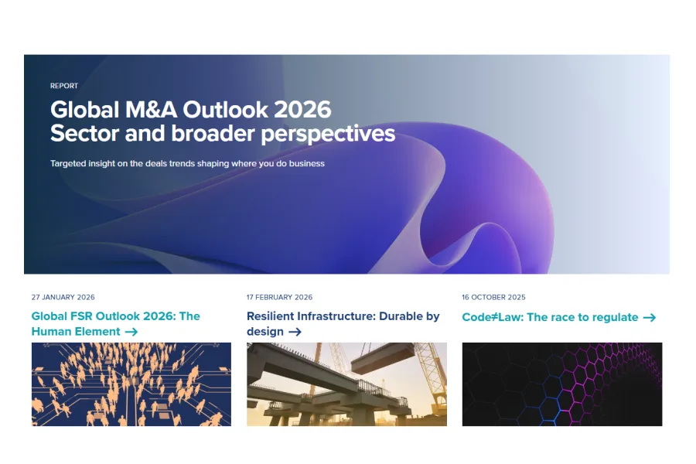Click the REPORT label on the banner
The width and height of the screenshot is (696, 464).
click(x=64, y=86)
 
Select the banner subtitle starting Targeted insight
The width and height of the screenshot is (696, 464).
click(x=187, y=164)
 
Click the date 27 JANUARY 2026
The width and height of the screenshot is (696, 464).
click(x=63, y=297)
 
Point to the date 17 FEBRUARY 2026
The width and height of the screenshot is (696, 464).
click(x=279, y=297)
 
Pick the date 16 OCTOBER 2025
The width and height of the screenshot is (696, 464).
click(x=493, y=297)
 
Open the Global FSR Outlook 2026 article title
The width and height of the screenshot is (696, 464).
click(x=115, y=316)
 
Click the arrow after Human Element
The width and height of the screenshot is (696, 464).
click(x=131, y=332)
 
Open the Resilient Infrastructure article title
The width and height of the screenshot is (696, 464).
click(x=343, y=316)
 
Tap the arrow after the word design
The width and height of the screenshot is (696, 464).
click(x=295, y=332)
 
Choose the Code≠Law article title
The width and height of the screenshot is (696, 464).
click(x=550, y=317)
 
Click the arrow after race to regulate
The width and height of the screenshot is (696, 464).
click(x=650, y=317)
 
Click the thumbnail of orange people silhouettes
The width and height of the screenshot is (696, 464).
click(x=131, y=384)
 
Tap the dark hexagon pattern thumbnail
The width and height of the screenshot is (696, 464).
click(x=562, y=384)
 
